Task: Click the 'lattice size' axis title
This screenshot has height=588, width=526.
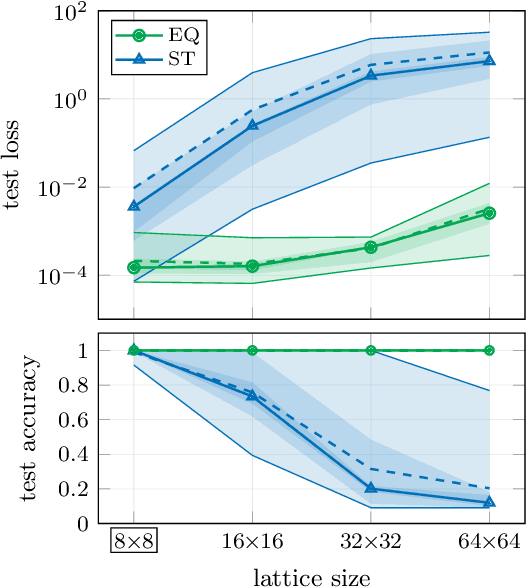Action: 311,577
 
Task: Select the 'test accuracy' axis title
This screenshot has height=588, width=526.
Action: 14,428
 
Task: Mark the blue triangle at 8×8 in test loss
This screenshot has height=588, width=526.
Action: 134,205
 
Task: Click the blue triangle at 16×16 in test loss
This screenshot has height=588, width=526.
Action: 252,125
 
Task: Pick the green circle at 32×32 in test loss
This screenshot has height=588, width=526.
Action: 371,247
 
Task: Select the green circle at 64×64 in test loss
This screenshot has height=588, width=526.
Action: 490,213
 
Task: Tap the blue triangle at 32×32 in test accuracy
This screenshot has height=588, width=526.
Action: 371,488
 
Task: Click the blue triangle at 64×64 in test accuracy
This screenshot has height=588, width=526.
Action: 490,502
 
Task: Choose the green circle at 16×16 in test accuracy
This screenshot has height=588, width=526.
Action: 252,350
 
